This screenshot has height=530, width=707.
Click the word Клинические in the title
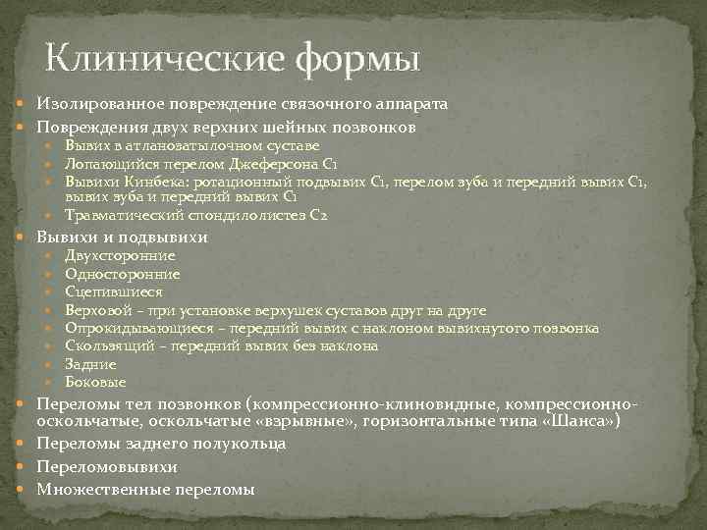(163, 58)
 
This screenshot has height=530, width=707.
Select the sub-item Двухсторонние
(120, 256)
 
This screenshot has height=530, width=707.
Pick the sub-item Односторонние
(122, 274)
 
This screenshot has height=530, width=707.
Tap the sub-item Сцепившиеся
(114, 291)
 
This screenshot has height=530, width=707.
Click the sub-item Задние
(89, 364)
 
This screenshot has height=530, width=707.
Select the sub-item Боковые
(95, 382)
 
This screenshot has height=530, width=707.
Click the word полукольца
(242, 444)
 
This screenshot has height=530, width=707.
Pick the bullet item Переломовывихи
(107, 466)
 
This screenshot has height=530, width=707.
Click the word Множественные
(100, 489)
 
